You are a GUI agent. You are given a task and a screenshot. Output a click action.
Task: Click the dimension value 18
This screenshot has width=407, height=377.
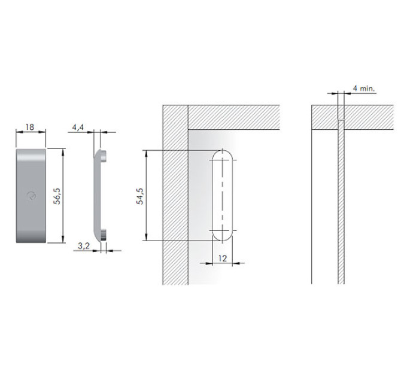point(30,127)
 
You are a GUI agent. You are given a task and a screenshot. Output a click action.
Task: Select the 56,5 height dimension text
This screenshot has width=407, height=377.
point(57,196)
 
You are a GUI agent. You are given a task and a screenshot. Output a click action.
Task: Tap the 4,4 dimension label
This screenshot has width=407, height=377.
point(78,127)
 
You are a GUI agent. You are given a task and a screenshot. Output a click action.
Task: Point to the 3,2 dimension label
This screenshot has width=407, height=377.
point(84,246)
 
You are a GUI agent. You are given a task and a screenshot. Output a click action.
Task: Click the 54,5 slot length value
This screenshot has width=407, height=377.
point(140,196)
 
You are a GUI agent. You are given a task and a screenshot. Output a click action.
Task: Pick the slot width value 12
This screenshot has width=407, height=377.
point(223,259)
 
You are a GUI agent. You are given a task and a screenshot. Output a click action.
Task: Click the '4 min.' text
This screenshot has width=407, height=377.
point(364,88)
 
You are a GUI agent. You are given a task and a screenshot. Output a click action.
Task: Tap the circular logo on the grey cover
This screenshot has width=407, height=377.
point(31,196)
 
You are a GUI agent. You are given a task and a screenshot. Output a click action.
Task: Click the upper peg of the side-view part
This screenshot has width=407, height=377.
point(104,156)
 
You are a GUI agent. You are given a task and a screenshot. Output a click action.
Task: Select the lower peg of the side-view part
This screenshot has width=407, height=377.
point(104,235)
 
